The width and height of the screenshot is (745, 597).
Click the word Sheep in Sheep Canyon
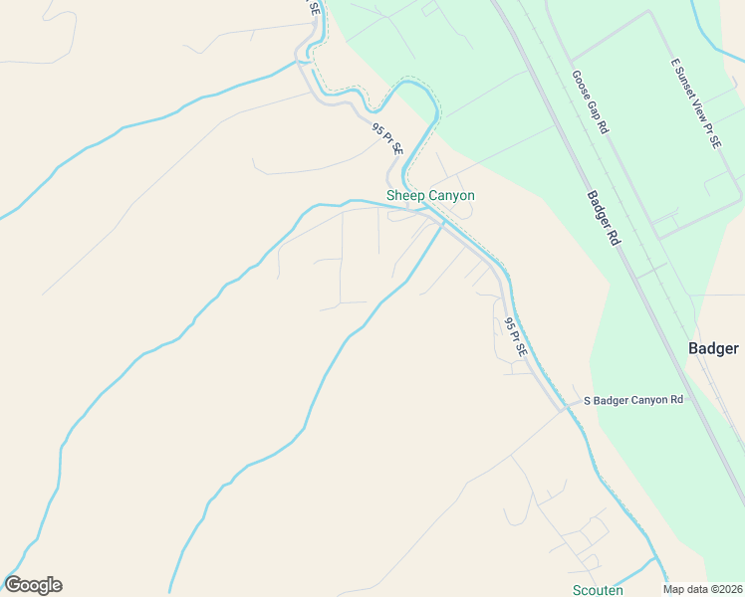coord(405,196)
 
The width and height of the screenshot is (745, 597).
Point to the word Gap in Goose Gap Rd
coord(595,111)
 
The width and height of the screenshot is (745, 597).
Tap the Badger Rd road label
coord(604,219)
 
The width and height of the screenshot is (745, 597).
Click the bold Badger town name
coord(713,348)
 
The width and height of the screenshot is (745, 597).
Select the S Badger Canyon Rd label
coord(633,400)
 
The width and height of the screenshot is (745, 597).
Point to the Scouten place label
coord(598,590)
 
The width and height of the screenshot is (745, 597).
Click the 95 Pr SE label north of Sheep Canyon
coord(387,138)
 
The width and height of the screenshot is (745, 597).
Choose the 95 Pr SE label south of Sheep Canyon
coord(514,338)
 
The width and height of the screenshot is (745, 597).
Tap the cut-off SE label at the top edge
coord(315,6)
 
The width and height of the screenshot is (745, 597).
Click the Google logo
coord(33,585)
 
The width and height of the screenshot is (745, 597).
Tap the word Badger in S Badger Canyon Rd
coord(612,400)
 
